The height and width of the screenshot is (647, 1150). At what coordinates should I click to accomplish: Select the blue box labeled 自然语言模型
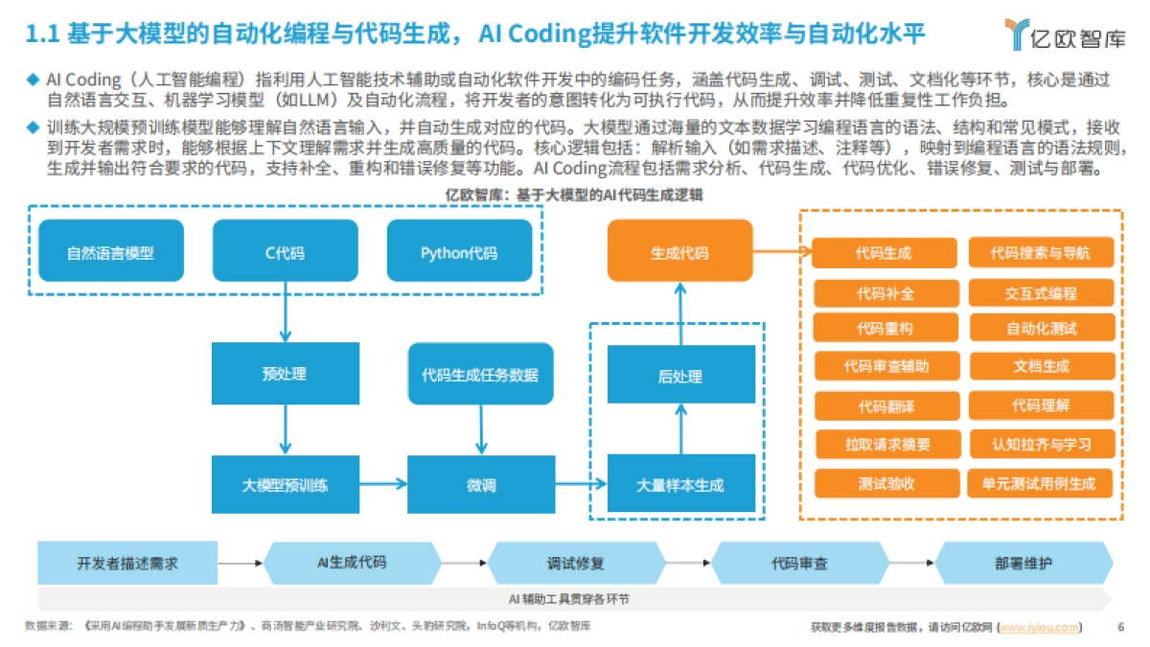pos(110,253)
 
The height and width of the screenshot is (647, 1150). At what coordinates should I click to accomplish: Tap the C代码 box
pos(285,253)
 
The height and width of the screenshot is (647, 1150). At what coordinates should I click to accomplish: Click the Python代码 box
pos(459,253)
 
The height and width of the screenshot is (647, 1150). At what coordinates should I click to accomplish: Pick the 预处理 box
pos(285,374)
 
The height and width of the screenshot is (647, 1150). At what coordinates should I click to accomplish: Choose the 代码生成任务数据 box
pos(480,374)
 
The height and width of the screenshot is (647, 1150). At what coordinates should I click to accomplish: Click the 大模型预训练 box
pos(285,485)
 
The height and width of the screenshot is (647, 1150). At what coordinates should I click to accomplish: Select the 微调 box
pos(480,485)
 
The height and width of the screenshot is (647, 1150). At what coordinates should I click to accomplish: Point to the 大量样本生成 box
pos(680,485)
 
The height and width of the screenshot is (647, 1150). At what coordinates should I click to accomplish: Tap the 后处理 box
pos(680,377)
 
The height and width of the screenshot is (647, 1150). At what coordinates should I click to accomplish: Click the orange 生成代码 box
pos(680,253)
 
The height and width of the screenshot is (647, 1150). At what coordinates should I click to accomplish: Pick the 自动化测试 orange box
pos(1042,328)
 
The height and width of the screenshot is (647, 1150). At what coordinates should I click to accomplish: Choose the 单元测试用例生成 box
pos(1042,483)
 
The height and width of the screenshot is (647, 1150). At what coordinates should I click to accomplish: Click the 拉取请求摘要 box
pos(885,445)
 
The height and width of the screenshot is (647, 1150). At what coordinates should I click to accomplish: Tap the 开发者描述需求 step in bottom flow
pos(127,564)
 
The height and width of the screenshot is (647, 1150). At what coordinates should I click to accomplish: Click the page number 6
pos(1121,628)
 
